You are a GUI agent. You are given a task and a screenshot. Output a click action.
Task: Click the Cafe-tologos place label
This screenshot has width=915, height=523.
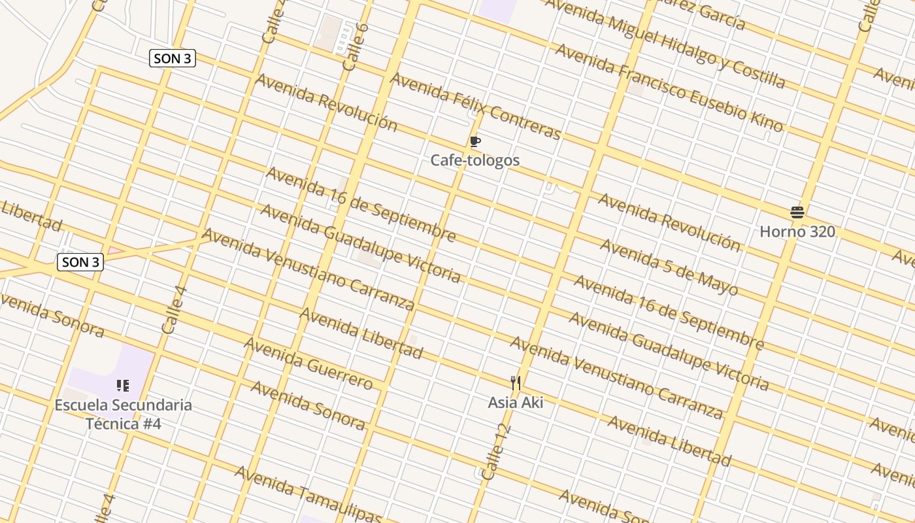[475, 160]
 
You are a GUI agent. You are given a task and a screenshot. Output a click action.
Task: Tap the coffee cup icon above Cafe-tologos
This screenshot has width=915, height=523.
[475, 142]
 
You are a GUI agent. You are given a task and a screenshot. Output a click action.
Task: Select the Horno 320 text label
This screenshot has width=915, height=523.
[797, 231]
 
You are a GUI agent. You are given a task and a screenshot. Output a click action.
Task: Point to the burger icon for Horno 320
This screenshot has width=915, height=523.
[797, 212]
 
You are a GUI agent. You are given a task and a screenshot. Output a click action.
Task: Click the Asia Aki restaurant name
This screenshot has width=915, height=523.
[516, 402]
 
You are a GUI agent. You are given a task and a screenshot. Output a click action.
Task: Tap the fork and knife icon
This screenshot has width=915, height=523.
[516, 383]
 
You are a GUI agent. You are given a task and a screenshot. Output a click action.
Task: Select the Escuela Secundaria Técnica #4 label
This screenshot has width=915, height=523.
[123, 414]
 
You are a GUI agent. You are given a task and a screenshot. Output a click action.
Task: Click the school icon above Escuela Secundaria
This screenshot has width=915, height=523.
[123, 386]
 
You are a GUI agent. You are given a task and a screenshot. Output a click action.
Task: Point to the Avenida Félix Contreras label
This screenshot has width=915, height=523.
[475, 106]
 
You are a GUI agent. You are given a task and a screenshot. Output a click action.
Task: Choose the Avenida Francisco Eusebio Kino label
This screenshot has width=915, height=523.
[669, 88]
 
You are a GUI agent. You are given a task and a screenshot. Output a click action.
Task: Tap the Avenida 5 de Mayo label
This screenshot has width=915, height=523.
[669, 268]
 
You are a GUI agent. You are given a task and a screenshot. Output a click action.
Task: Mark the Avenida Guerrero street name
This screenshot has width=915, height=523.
[308, 363]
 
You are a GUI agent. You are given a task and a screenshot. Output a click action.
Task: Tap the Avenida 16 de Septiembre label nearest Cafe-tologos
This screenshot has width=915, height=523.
[360, 203]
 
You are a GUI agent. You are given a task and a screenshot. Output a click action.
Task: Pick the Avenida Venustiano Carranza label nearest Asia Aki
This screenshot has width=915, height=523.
[616, 378]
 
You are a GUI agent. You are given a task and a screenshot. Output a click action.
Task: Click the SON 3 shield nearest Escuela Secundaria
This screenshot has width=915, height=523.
[81, 263]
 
